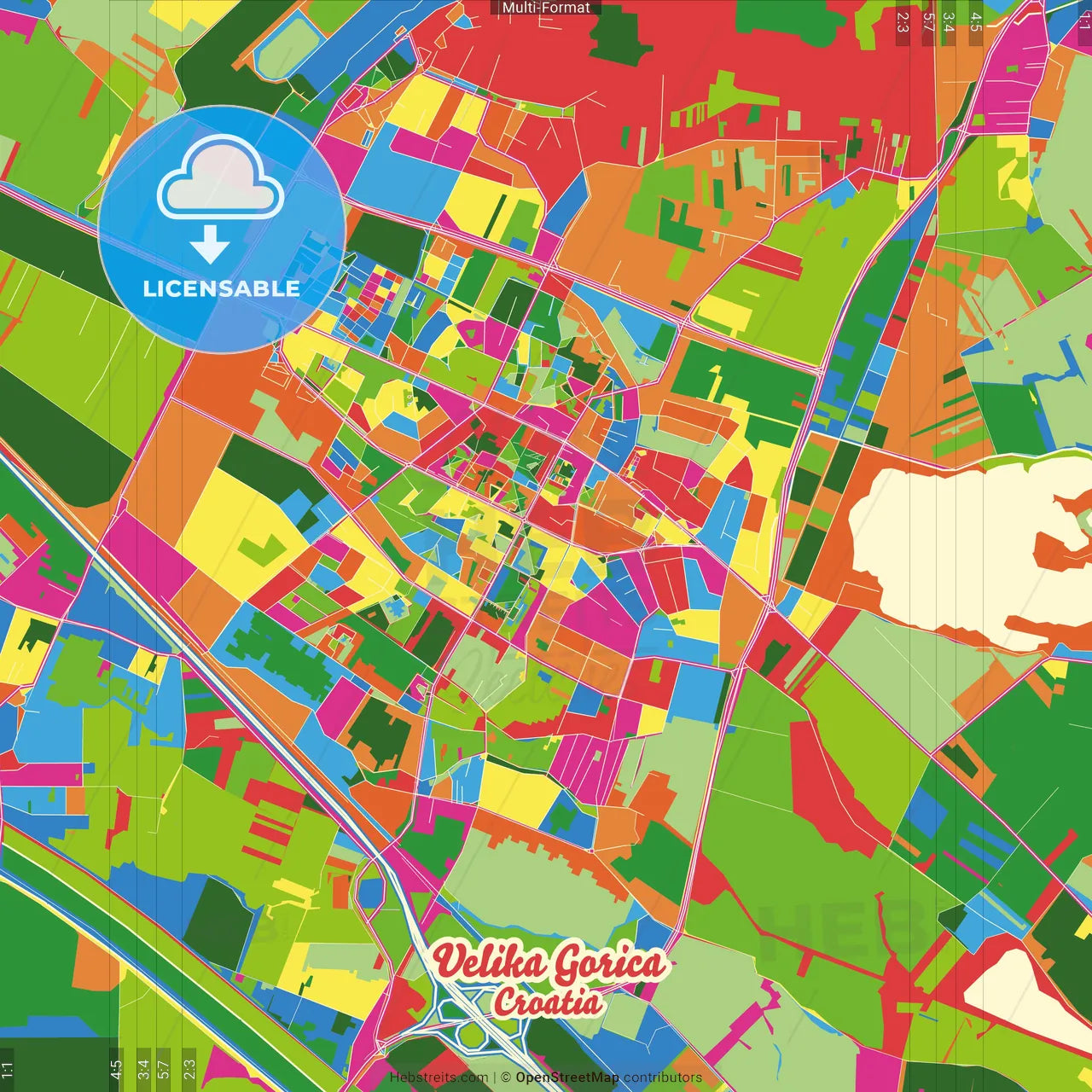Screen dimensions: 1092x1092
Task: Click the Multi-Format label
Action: click(x=546, y=8)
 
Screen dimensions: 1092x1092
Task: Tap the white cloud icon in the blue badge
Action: click(x=221, y=180)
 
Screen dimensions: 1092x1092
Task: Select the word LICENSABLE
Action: click(x=222, y=288)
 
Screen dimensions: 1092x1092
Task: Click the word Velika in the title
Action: click(x=488, y=963)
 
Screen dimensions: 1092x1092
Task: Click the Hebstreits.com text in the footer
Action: click(x=439, y=1077)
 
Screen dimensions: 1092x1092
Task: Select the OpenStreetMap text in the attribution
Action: click(x=567, y=1077)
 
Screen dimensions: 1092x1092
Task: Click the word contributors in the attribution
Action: click(x=663, y=1077)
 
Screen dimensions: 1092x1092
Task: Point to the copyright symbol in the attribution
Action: click(x=505, y=1077)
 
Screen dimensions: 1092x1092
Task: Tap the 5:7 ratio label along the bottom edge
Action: click(x=164, y=1068)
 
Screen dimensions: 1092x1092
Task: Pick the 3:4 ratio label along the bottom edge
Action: click(x=142, y=1068)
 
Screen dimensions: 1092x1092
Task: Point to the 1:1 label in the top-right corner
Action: click(x=1084, y=19)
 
